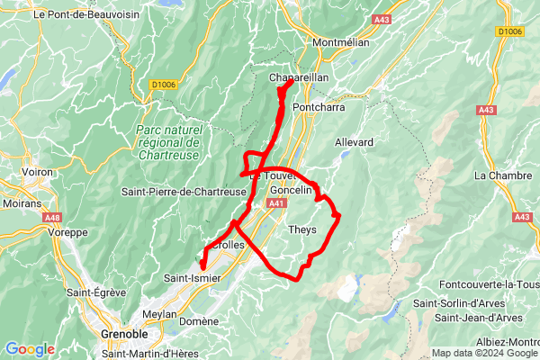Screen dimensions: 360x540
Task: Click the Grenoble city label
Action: [124, 334]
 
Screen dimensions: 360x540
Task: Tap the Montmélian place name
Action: [340, 42]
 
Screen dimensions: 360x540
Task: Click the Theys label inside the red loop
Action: [301, 229]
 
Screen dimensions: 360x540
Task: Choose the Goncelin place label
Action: [291, 190]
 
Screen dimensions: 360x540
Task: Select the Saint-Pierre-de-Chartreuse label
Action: [184, 192]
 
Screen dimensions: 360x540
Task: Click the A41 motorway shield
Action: [276, 204]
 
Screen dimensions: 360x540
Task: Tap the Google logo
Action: [30, 349]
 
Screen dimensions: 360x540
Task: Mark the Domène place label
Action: [199, 320]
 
